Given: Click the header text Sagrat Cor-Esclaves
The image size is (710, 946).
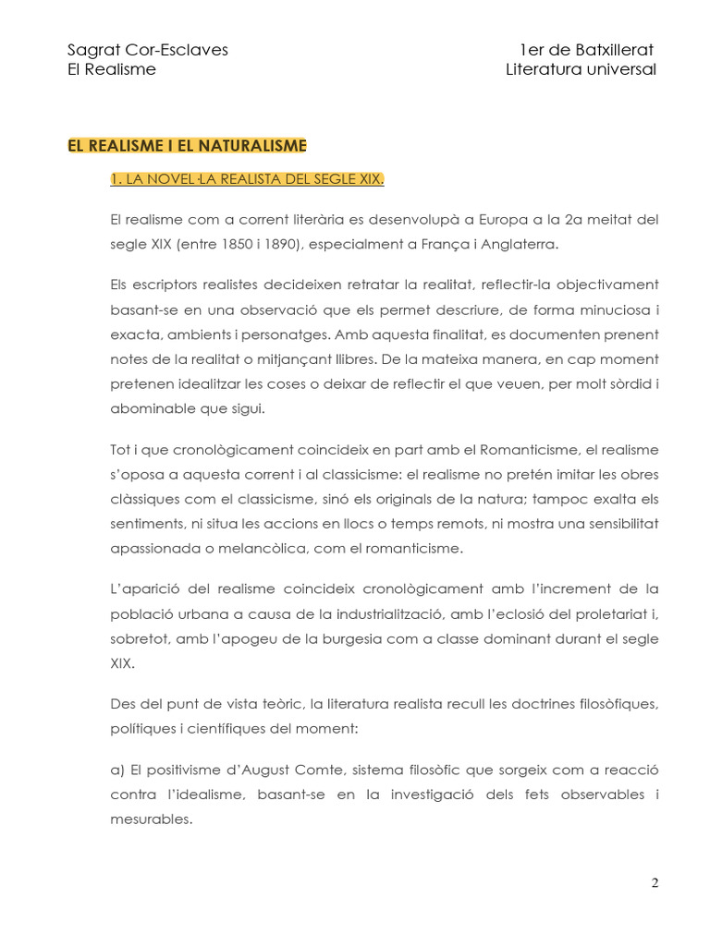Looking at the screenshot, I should (148, 50).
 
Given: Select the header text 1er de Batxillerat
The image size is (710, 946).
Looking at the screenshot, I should (586, 50).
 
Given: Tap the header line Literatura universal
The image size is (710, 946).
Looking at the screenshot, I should (581, 70).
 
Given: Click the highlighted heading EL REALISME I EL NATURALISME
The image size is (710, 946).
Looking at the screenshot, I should (187, 145).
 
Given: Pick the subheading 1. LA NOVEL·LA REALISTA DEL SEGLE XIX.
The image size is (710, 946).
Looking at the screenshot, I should (246, 179).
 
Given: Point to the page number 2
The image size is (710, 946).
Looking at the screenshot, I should (655, 882).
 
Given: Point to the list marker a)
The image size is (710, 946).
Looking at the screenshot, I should (117, 770).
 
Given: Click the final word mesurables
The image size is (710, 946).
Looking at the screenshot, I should (151, 818).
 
